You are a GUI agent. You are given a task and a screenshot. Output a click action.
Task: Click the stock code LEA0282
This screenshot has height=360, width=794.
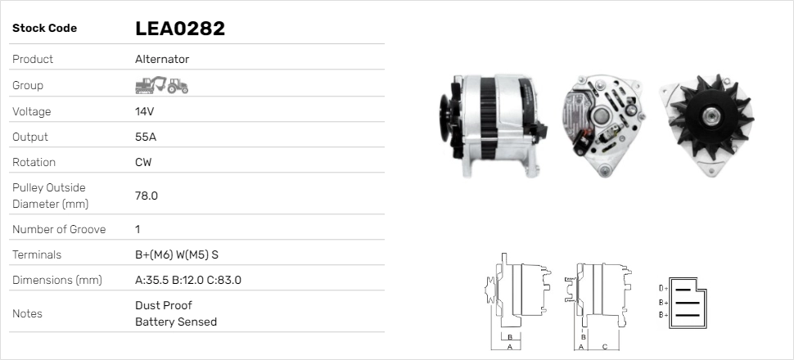pyautogui.click(x=179, y=29)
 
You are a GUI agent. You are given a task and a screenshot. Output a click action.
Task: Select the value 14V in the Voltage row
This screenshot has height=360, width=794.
pyautogui.click(x=145, y=111)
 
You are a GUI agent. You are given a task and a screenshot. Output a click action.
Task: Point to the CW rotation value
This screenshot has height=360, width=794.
pyautogui.click(x=143, y=162)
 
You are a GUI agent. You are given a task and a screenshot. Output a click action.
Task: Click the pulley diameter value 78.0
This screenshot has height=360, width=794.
pyautogui.click(x=147, y=196)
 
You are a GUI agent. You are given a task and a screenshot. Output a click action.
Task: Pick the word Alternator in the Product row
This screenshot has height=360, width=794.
pyautogui.click(x=162, y=59)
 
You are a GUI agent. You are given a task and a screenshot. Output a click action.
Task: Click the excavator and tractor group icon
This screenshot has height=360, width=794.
pyautogui.click(x=161, y=85)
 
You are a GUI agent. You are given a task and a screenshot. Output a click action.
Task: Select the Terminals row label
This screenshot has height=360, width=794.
pyautogui.click(x=37, y=254)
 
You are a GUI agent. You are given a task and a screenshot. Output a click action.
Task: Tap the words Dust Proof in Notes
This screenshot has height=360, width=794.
pyautogui.click(x=164, y=305)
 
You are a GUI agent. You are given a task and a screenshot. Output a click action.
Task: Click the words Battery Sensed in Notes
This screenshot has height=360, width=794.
pyautogui.click(x=176, y=322)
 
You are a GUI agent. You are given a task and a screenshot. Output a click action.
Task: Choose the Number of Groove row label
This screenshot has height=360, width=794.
pyautogui.click(x=59, y=229)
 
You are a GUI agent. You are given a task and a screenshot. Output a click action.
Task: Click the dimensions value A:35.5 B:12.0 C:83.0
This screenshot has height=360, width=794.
pyautogui.click(x=187, y=280)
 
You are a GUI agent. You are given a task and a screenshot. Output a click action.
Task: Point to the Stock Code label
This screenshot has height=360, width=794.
pyautogui.click(x=44, y=29)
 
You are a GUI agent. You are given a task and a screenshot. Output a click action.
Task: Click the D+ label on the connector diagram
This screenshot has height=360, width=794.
pyautogui.click(x=664, y=288)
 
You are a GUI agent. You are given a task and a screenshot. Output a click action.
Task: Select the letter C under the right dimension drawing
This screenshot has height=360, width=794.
pyautogui.click(x=604, y=346)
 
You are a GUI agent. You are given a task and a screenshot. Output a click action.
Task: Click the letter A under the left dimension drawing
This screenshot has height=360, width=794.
pyautogui.click(x=509, y=346)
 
